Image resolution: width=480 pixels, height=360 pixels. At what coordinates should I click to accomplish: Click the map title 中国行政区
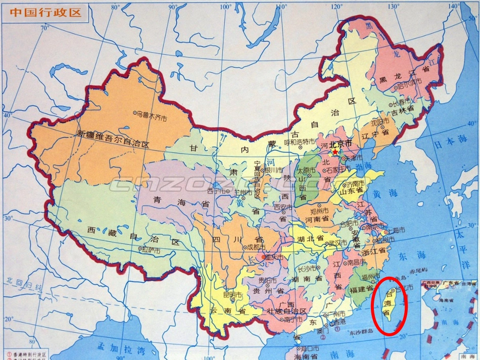(x=45, y=12)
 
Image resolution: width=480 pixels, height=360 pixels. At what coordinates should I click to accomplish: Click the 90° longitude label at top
(x=173, y=7)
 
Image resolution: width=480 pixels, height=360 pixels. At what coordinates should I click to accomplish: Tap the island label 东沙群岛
(x=360, y=331)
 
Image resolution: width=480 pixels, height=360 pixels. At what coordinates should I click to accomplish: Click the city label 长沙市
(x=308, y=268)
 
